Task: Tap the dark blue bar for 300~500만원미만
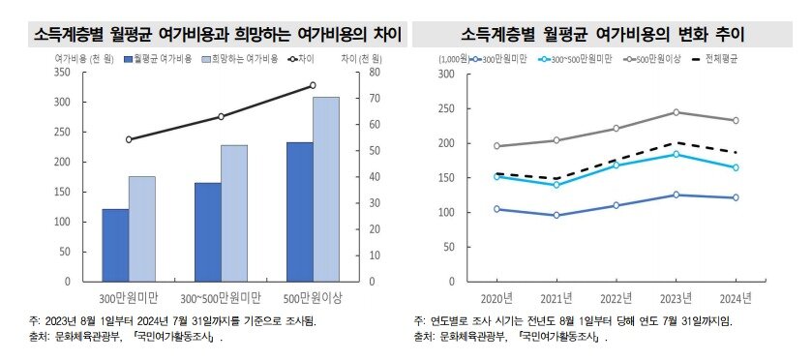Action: click(x=207, y=231)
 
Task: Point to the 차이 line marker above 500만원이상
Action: click(x=313, y=85)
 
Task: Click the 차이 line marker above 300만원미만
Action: click(x=129, y=139)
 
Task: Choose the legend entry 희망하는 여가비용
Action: click(x=240, y=59)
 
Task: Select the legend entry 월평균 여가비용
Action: click(x=161, y=59)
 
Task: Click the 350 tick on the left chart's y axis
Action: click(x=63, y=73)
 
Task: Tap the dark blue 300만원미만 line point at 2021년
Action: click(x=556, y=215)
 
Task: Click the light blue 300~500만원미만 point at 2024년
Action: click(x=737, y=167)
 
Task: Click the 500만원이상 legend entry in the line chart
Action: click(x=658, y=59)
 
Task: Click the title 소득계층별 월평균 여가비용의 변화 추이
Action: click(x=608, y=36)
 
